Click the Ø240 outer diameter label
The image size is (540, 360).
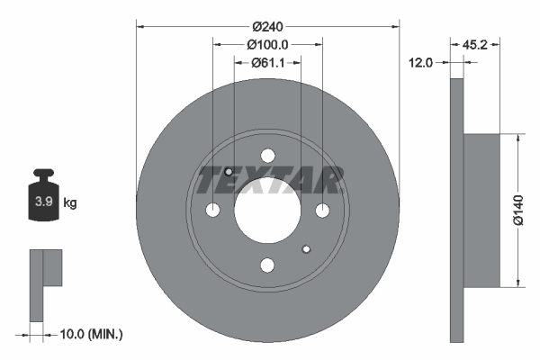click(x=267, y=26)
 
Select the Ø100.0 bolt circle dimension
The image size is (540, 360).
click(x=267, y=44)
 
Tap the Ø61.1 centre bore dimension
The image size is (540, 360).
click(x=267, y=63)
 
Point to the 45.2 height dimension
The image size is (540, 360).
click(x=475, y=44)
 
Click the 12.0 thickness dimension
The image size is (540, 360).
click(x=420, y=63)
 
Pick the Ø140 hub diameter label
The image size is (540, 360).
click(x=518, y=210)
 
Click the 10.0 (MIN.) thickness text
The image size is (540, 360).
click(x=91, y=334)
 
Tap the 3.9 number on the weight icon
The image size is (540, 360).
click(x=44, y=202)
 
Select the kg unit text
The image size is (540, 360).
click(x=70, y=202)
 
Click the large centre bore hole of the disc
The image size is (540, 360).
click(x=267, y=210)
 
